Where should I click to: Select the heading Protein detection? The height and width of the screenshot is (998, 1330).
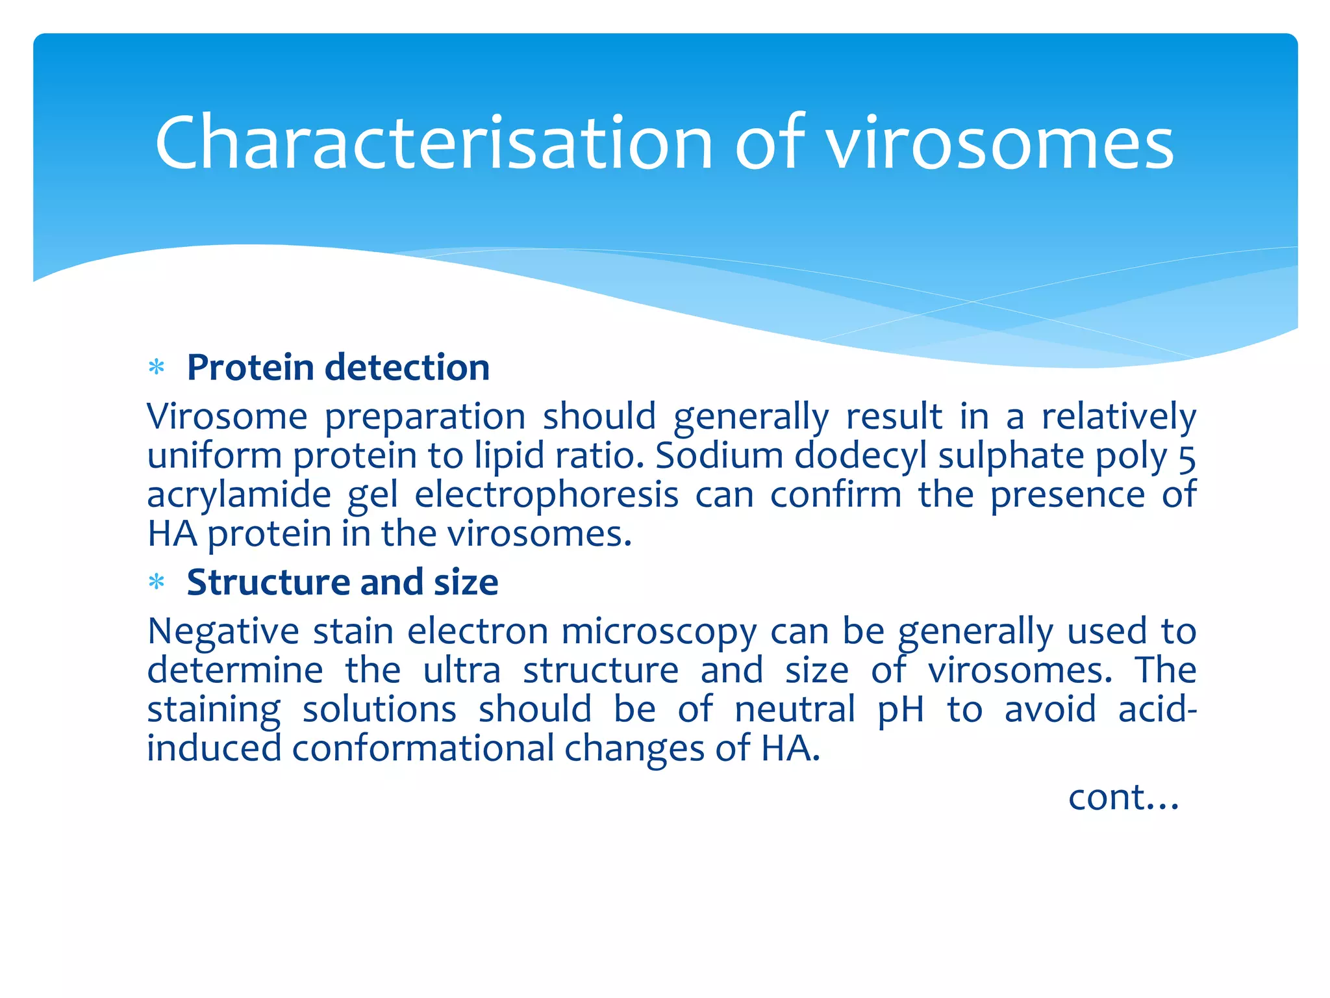[338, 368]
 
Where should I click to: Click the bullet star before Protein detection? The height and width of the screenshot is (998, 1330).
[157, 368]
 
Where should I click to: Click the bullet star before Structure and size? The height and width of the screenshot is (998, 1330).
[157, 582]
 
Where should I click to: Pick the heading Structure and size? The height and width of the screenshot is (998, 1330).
[342, 582]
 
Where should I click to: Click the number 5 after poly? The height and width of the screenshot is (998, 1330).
[1186, 457]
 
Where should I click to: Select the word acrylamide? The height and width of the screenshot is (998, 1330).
[239, 496]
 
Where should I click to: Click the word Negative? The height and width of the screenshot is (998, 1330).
[223, 632]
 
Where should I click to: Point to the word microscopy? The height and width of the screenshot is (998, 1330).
[659, 632]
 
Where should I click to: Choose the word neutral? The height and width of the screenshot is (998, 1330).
[795, 709]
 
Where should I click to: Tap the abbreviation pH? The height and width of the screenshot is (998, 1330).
[900, 710]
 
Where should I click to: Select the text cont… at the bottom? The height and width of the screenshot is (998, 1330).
[1123, 797]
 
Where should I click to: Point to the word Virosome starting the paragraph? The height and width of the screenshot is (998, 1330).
[227, 416]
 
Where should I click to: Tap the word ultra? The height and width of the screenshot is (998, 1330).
[462, 670]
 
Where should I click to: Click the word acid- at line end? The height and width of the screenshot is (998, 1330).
[1157, 709]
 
